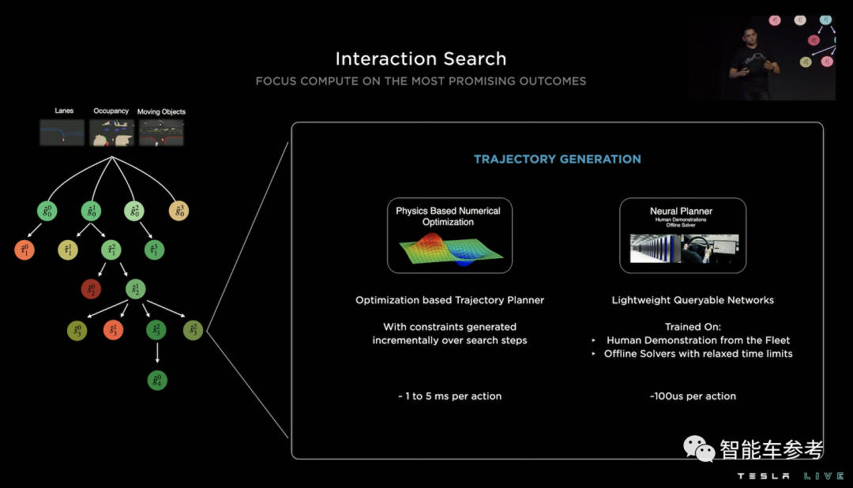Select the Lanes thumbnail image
click(x=62, y=132)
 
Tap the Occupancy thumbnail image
click(x=111, y=132)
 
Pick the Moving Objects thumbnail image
click(x=161, y=132)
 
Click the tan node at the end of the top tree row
click(x=178, y=211)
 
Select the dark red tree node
click(x=91, y=289)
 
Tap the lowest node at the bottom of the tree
click(x=157, y=381)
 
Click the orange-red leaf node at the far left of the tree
click(x=24, y=250)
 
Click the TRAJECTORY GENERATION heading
click(x=557, y=159)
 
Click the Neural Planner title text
click(x=681, y=211)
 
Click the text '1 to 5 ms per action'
click(x=449, y=396)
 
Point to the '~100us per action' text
click(x=693, y=396)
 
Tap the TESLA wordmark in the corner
click(x=764, y=476)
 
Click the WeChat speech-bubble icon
click(x=698, y=449)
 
